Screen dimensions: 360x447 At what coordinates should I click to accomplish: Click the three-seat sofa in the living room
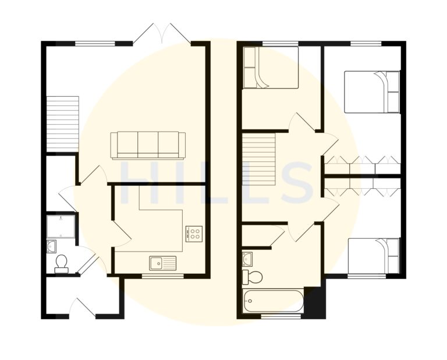[x=148, y=144]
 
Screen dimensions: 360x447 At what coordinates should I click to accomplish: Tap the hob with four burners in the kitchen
[x=194, y=234]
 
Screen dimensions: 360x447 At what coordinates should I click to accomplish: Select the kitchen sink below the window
[x=162, y=263]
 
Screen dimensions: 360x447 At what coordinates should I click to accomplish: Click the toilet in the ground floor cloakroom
[x=61, y=264]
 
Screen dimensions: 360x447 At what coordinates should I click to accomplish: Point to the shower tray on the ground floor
[x=61, y=227]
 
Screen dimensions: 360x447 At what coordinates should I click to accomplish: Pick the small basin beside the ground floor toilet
[x=52, y=245]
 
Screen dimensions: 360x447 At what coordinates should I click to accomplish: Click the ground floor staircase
[x=62, y=123]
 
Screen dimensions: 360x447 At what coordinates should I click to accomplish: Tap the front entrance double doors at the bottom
[x=83, y=308]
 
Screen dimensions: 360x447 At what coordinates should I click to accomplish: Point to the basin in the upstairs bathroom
[x=247, y=257]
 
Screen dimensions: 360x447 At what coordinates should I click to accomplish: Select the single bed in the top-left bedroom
[x=270, y=68]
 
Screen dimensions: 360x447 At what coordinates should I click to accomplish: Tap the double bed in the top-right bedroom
[x=372, y=91]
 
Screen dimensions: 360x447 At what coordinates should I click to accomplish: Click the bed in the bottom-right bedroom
[x=374, y=256]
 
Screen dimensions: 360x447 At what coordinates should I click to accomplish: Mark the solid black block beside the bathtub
[x=315, y=303]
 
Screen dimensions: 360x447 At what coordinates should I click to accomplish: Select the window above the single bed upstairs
[x=280, y=43]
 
